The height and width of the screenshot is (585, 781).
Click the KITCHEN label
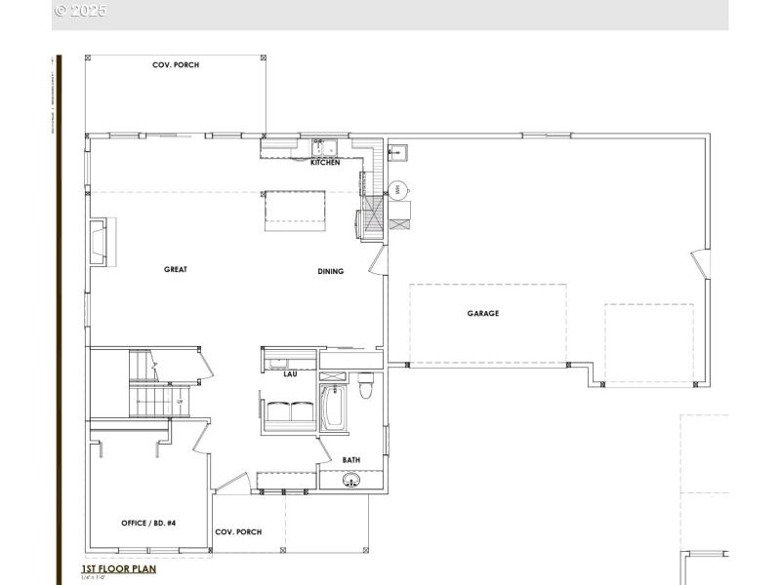pos(325,163)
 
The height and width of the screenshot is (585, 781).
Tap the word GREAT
pos(175,270)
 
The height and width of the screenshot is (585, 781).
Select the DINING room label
pos(330,271)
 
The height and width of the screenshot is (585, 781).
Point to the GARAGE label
pos(482,314)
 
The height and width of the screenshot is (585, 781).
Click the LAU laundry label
pos(290,373)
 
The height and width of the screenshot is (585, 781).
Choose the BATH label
pos(351,460)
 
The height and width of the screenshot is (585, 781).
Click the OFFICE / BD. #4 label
pos(147,523)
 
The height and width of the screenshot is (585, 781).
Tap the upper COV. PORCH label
pos(175,65)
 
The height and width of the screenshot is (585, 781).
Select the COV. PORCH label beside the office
pos(238,531)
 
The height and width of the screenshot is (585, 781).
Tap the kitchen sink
pos(323,148)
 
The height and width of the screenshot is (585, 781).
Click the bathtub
pos(332,409)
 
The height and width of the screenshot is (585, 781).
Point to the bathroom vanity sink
pos(351,480)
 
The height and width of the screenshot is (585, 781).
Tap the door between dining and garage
pos(379,260)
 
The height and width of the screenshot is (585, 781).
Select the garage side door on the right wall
pos(699,264)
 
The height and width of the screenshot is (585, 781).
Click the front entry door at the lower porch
pos(231,482)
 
